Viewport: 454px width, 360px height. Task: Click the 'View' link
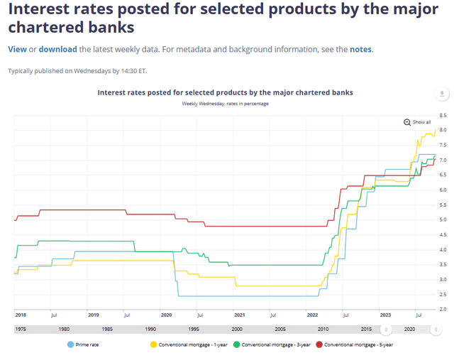tap(17, 49)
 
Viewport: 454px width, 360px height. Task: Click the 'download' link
tap(57, 49)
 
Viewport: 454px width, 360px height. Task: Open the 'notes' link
tap(360, 49)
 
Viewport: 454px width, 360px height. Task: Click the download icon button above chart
tap(442, 94)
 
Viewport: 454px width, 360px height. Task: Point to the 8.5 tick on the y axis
tap(443, 115)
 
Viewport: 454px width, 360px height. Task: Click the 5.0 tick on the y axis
tap(443, 219)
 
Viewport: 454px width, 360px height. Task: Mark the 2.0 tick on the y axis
tap(443, 309)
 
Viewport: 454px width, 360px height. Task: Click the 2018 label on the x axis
tap(20, 314)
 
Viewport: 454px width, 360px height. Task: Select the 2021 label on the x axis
tap(240, 314)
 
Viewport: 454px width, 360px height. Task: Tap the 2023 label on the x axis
tap(386, 314)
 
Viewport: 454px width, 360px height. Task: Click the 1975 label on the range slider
tap(21, 329)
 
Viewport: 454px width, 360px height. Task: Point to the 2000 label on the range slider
tap(236, 329)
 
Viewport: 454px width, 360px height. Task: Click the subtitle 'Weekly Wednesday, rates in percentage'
tap(225, 104)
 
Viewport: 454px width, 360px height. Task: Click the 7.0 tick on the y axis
tap(443, 160)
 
